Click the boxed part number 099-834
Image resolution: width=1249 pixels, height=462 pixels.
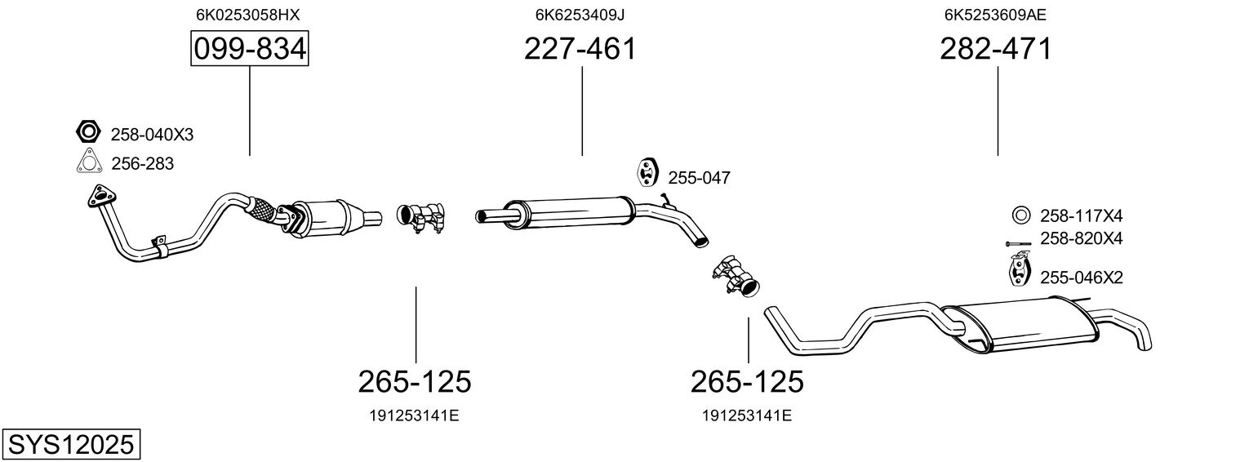(x=249, y=50)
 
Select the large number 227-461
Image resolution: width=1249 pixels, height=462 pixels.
(x=580, y=50)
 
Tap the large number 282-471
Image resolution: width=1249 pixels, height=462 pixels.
(x=996, y=50)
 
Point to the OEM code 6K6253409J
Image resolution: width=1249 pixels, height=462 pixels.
(x=580, y=14)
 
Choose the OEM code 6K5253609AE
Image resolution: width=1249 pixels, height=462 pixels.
(x=995, y=14)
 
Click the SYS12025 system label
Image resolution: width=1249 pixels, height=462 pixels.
(x=70, y=445)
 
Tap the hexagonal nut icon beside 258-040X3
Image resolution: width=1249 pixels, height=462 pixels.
(x=87, y=131)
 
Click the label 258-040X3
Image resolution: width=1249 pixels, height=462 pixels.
(x=152, y=135)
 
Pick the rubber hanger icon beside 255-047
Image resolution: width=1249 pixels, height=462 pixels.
(x=647, y=173)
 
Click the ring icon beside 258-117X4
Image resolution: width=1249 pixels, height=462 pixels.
(x=1020, y=216)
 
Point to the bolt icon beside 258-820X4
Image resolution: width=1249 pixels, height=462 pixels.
(x=1020, y=243)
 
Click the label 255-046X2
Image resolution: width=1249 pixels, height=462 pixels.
(x=1081, y=278)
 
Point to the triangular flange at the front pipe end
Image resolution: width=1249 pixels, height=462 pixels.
(x=102, y=198)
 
